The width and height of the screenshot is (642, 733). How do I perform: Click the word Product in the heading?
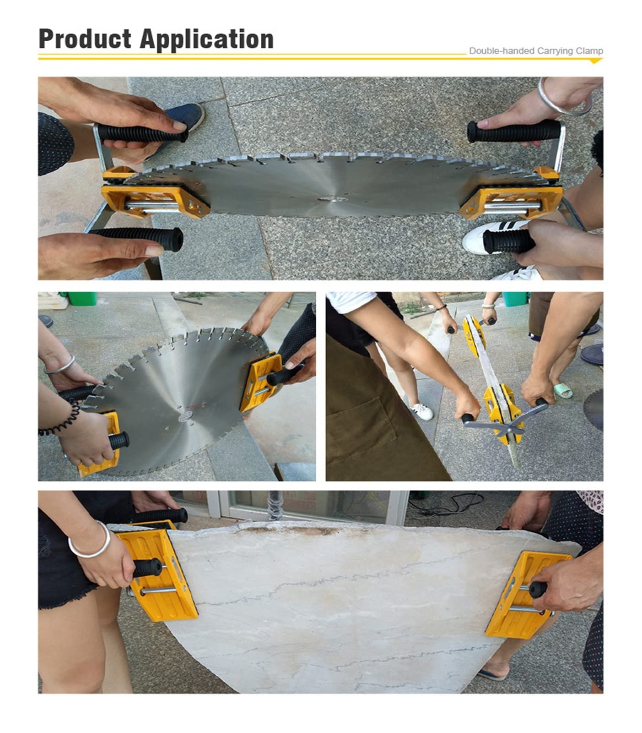(85, 39)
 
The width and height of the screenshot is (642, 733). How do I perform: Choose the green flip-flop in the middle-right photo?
(563, 390)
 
